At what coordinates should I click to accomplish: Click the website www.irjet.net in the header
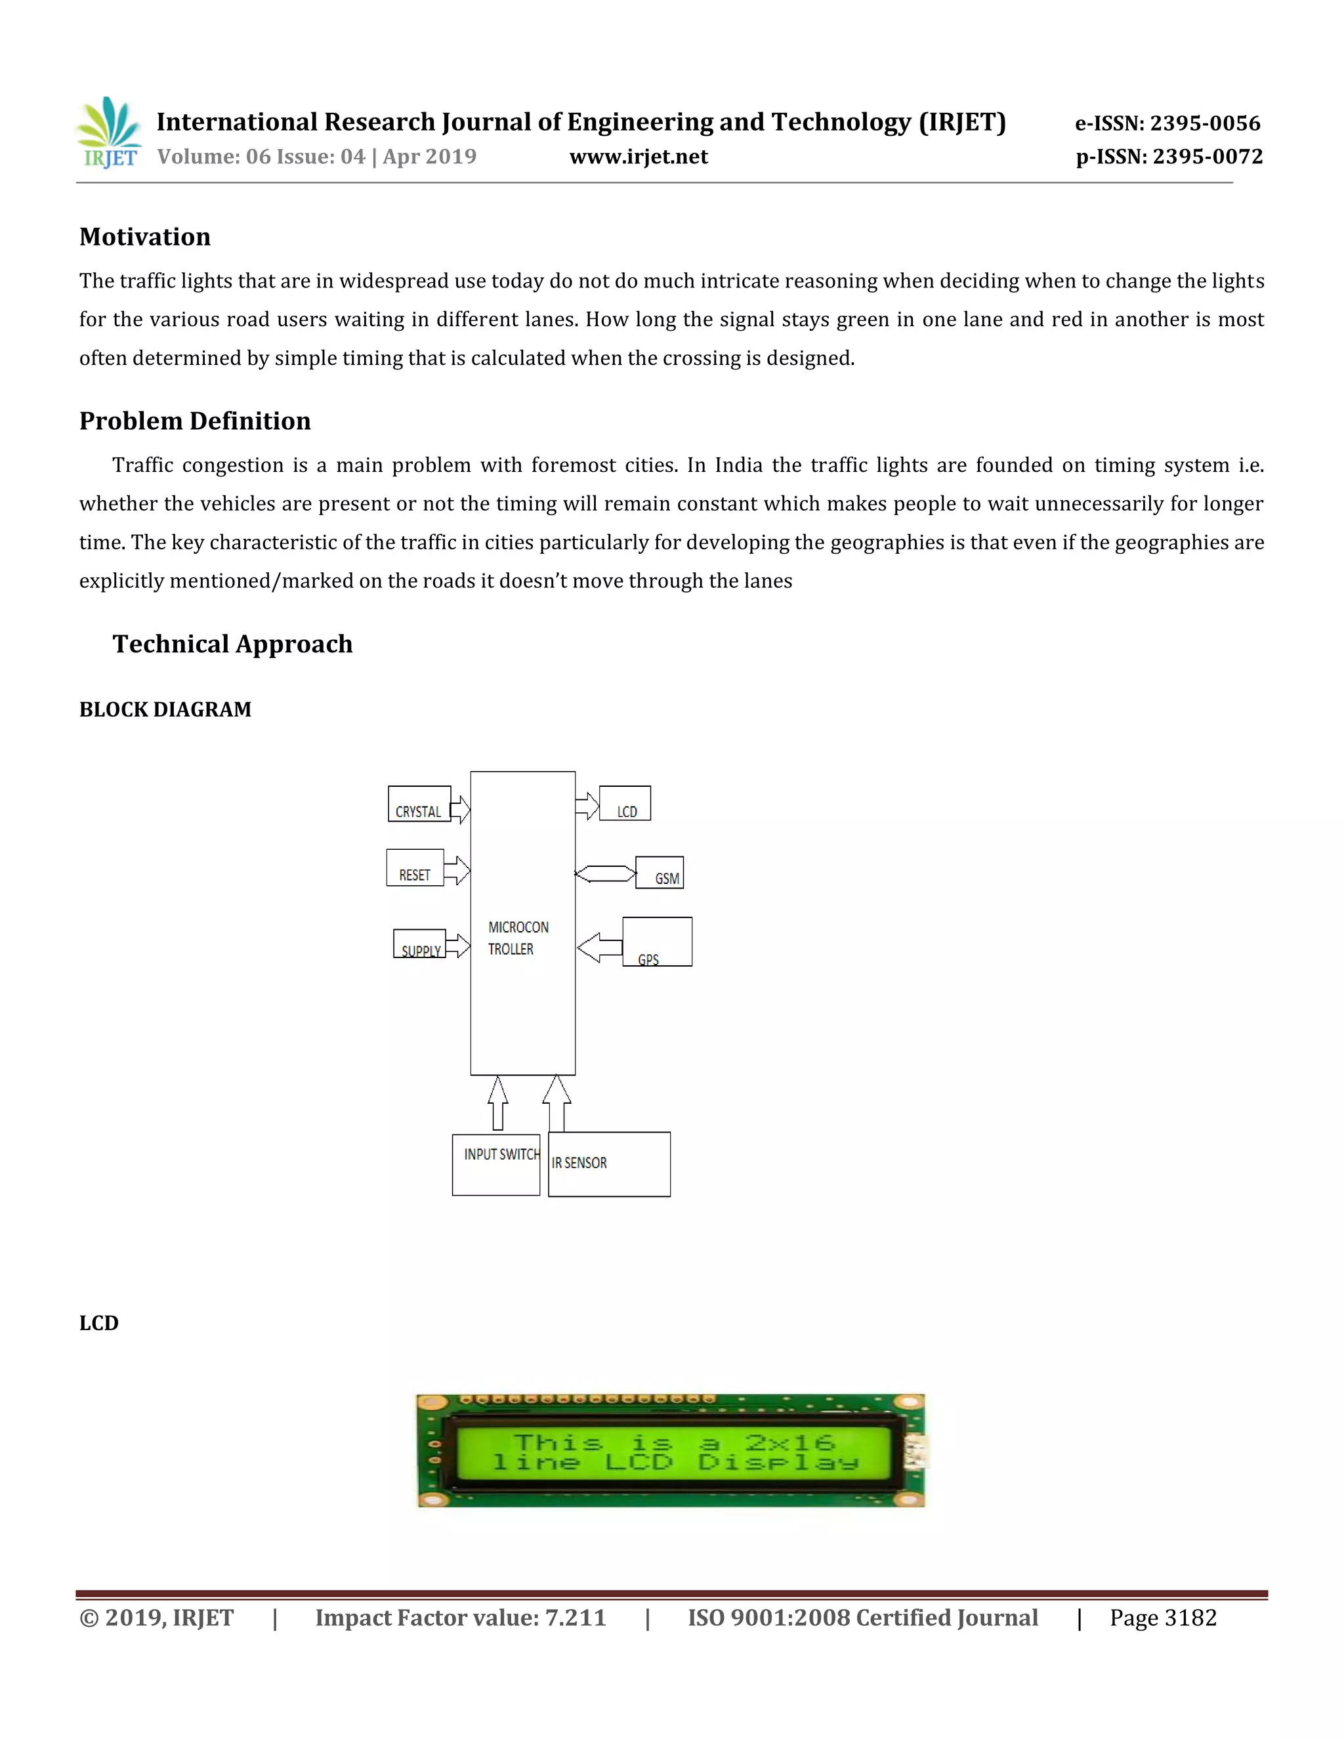coord(638,157)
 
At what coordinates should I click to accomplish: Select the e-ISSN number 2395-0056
coord(1205,123)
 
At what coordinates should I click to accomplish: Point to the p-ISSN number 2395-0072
coord(1207,157)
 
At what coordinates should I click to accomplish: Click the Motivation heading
coord(145,238)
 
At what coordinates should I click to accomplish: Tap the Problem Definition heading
coord(195,421)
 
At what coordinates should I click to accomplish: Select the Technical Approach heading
coord(232,644)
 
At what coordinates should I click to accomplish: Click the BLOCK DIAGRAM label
coord(165,709)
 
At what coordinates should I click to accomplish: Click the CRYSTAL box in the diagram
coord(419,805)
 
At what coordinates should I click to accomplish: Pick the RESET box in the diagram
coord(415,868)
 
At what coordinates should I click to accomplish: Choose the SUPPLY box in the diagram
coord(419,944)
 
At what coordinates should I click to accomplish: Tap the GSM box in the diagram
coord(660,873)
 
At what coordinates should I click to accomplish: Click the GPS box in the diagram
coord(657,942)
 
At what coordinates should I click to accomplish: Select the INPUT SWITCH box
coord(496,1165)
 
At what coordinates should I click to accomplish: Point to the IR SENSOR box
coord(609,1164)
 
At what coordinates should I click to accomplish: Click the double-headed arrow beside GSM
coord(605,873)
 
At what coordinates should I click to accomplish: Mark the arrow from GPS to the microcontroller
coord(598,948)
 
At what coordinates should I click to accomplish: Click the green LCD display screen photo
coord(671,1451)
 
